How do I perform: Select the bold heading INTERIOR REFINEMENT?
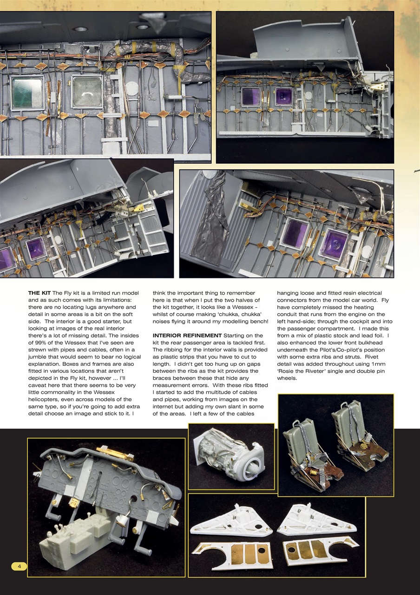pyautogui.click(x=187, y=336)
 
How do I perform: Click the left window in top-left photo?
pyautogui.click(x=27, y=92)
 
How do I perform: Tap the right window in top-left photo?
pyautogui.click(x=87, y=91)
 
